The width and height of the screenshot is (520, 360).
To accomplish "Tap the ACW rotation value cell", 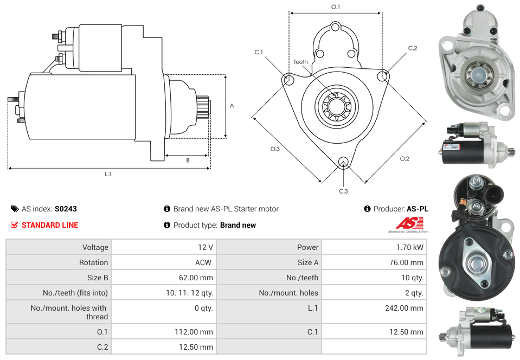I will [x=204, y=262].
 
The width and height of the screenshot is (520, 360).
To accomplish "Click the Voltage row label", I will [x=95, y=247].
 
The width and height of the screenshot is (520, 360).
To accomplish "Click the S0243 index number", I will [x=66, y=209].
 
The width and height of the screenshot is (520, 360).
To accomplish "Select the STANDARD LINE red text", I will [x=49, y=225].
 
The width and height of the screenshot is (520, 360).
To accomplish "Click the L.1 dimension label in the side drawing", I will [x=108, y=174].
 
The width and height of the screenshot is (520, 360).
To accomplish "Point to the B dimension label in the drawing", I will [x=188, y=160].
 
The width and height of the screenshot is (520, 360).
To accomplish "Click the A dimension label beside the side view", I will [x=232, y=106].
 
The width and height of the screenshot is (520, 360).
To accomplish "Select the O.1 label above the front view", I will [x=336, y=7].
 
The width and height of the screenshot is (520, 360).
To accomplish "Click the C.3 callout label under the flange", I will [x=343, y=191].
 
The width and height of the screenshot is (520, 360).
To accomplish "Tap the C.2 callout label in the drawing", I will [x=413, y=48].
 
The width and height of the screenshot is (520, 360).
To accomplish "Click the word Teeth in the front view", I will [x=300, y=62].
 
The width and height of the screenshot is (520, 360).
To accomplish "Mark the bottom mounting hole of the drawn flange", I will [x=343, y=162].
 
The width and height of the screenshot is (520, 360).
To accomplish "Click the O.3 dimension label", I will [x=275, y=149].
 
